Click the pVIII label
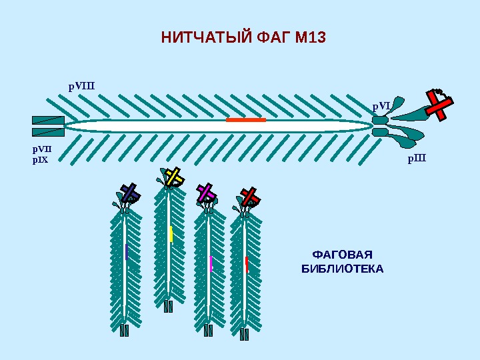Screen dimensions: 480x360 pyautogui.click(x=82, y=86)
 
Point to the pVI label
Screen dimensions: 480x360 pyautogui.click(x=381, y=105)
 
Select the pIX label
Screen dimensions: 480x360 pyautogui.click(x=41, y=161)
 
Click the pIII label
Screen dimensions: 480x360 pyautogui.click(x=417, y=159)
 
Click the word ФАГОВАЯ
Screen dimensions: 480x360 pyautogui.click(x=342, y=255)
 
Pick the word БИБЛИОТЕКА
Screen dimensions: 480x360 pyautogui.click(x=343, y=269)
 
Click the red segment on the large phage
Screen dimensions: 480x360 pyautogui.click(x=246, y=120)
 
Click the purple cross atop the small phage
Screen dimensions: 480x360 pyautogui.click(x=206, y=193)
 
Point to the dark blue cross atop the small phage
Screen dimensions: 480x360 pyautogui.click(x=129, y=193)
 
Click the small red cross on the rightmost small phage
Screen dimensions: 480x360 pyautogui.click(x=250, y=196)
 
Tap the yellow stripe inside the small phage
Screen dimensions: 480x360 pyautogui.click(x=171, y=234)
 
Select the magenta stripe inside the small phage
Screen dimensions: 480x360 pyautogui.click(x=211, y=263)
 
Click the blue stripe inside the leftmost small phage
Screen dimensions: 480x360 pyautogui.click(x=125, y=251)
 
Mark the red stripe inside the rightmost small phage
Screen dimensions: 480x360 pyautogui.click(x=247, y=265)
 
